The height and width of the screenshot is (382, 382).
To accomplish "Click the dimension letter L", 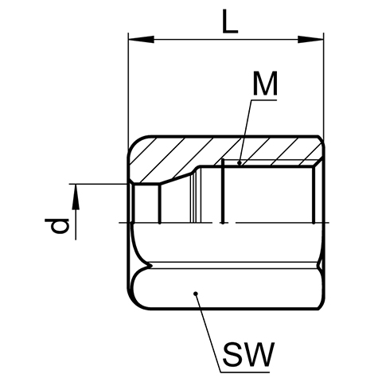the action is point(230,21).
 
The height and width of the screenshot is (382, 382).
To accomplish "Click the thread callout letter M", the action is point(265,84).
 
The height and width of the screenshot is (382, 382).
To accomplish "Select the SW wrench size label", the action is point(248,354).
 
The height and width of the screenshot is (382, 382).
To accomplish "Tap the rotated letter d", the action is point(60,226).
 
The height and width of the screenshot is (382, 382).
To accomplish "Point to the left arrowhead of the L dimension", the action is point(141,40).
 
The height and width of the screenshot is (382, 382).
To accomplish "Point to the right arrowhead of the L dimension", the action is point(310,40).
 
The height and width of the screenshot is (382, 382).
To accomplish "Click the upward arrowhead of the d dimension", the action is point(76,197).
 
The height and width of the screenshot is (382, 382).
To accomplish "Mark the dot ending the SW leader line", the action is point(196,294).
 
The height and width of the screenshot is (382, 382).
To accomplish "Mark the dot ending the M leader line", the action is point(240,162).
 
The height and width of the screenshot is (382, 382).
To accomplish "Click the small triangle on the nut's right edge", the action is point(322,264).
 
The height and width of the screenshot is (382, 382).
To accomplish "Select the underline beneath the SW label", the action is point(245,372).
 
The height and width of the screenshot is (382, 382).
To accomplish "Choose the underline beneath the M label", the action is point(263,100).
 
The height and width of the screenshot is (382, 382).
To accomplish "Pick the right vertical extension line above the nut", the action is point(324,86).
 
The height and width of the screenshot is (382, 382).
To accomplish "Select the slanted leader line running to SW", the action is point(208,333).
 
